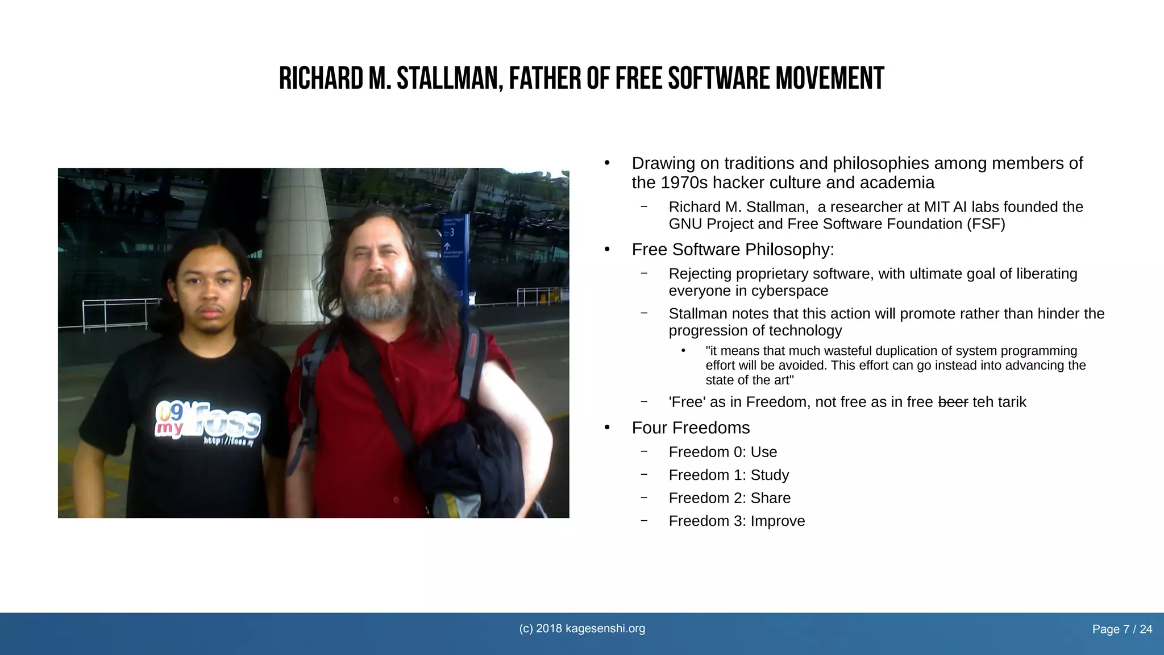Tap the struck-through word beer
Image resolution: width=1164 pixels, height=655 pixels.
point(953,403)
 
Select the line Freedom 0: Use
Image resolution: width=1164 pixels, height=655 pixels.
point(722,452)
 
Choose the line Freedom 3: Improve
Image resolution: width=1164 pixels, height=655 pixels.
point(737,521)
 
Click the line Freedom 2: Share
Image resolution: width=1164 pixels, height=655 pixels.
point(729,498)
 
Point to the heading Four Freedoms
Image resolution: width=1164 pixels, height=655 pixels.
point(691,428)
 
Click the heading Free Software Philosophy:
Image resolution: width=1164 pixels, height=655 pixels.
point(733,250)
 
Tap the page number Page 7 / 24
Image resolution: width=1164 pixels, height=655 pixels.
point(1122,629)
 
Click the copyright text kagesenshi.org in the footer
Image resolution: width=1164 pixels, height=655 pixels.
point(582,629)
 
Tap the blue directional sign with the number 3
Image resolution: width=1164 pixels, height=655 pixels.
point(454,244)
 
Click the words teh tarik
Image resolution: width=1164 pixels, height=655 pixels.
point(999,403)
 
